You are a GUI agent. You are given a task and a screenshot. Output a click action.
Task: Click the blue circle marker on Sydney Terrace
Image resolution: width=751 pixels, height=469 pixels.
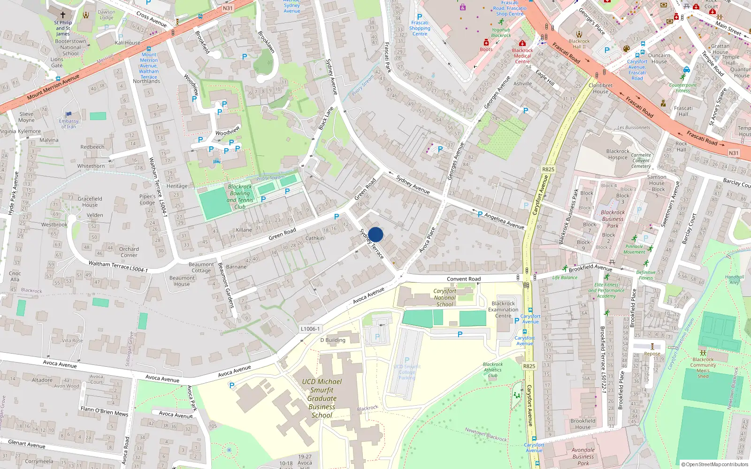click(x=375, y=234)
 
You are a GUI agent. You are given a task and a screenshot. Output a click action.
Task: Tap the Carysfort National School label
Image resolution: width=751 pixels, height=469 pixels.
click(x=444, y=297)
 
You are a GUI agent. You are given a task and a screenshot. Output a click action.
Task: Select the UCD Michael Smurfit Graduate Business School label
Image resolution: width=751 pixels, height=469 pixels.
click(x=322, y=398)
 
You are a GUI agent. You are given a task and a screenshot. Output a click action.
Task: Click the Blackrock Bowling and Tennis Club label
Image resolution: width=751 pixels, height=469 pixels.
click(x=240, y=197)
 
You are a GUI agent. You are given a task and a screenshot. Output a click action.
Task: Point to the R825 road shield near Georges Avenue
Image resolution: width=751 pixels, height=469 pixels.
click(x=548, y=169)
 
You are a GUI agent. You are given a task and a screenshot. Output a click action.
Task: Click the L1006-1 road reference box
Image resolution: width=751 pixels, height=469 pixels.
click(x=310, y=329)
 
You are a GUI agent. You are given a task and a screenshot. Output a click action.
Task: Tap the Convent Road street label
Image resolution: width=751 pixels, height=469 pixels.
click(x=463, y=279)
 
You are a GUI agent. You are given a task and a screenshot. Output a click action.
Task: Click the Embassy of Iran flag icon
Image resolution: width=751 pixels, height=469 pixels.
click(x=69, y=114)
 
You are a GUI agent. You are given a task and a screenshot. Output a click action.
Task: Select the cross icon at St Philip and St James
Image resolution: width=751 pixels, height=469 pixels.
click(x=63, y=15)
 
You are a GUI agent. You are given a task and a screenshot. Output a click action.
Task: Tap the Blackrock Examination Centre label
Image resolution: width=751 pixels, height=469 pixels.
click(x=503, y=310)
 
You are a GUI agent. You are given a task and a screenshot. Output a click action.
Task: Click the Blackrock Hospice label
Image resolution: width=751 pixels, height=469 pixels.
click(x=618, y=154)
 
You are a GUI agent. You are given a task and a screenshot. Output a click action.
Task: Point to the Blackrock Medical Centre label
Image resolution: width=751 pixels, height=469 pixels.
click(x=522, y=56)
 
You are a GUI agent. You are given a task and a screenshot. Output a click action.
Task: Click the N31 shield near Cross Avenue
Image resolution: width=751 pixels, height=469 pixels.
click(x=228, y=8)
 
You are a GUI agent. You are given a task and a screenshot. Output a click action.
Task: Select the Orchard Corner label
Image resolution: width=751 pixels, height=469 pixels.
click(x=129, y=252)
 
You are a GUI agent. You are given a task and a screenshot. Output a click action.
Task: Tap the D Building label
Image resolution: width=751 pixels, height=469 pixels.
click(x=332, y=340)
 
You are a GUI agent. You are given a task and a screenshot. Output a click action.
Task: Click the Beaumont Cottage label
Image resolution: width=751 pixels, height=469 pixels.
click(x=201, y=267)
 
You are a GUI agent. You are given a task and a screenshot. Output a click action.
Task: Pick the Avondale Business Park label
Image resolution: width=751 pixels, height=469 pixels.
click(x=583, y=456)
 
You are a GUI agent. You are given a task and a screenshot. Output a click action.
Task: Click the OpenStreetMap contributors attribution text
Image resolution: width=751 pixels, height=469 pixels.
click(x=714, y=464)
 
